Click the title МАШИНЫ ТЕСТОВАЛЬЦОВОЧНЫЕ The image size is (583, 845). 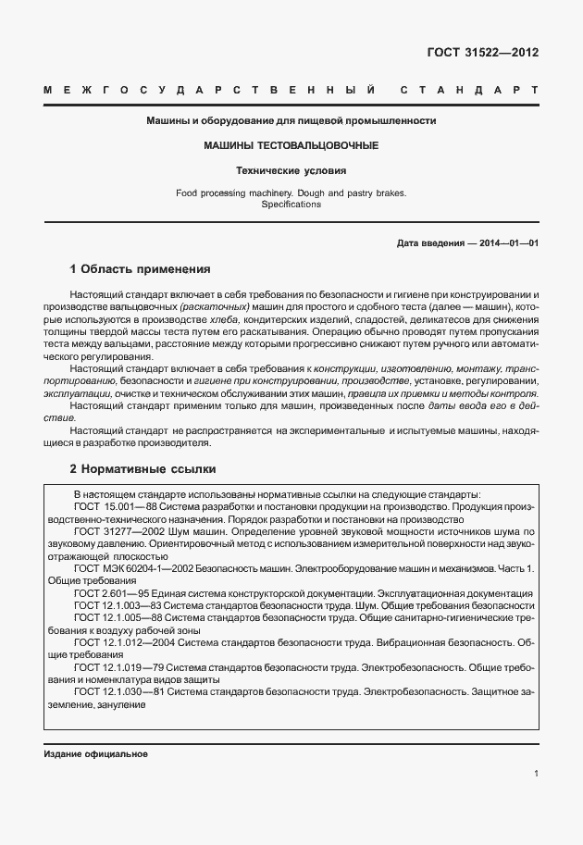(291, 146)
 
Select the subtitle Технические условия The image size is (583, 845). (291, 171)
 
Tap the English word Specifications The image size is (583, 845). (291, 205)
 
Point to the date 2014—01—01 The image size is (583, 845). (506, 243)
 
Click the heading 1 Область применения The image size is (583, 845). (141, 269)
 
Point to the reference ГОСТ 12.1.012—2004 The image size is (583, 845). (118, 641)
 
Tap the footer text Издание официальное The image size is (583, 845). (96, 754)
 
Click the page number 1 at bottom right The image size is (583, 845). (536, 774)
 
